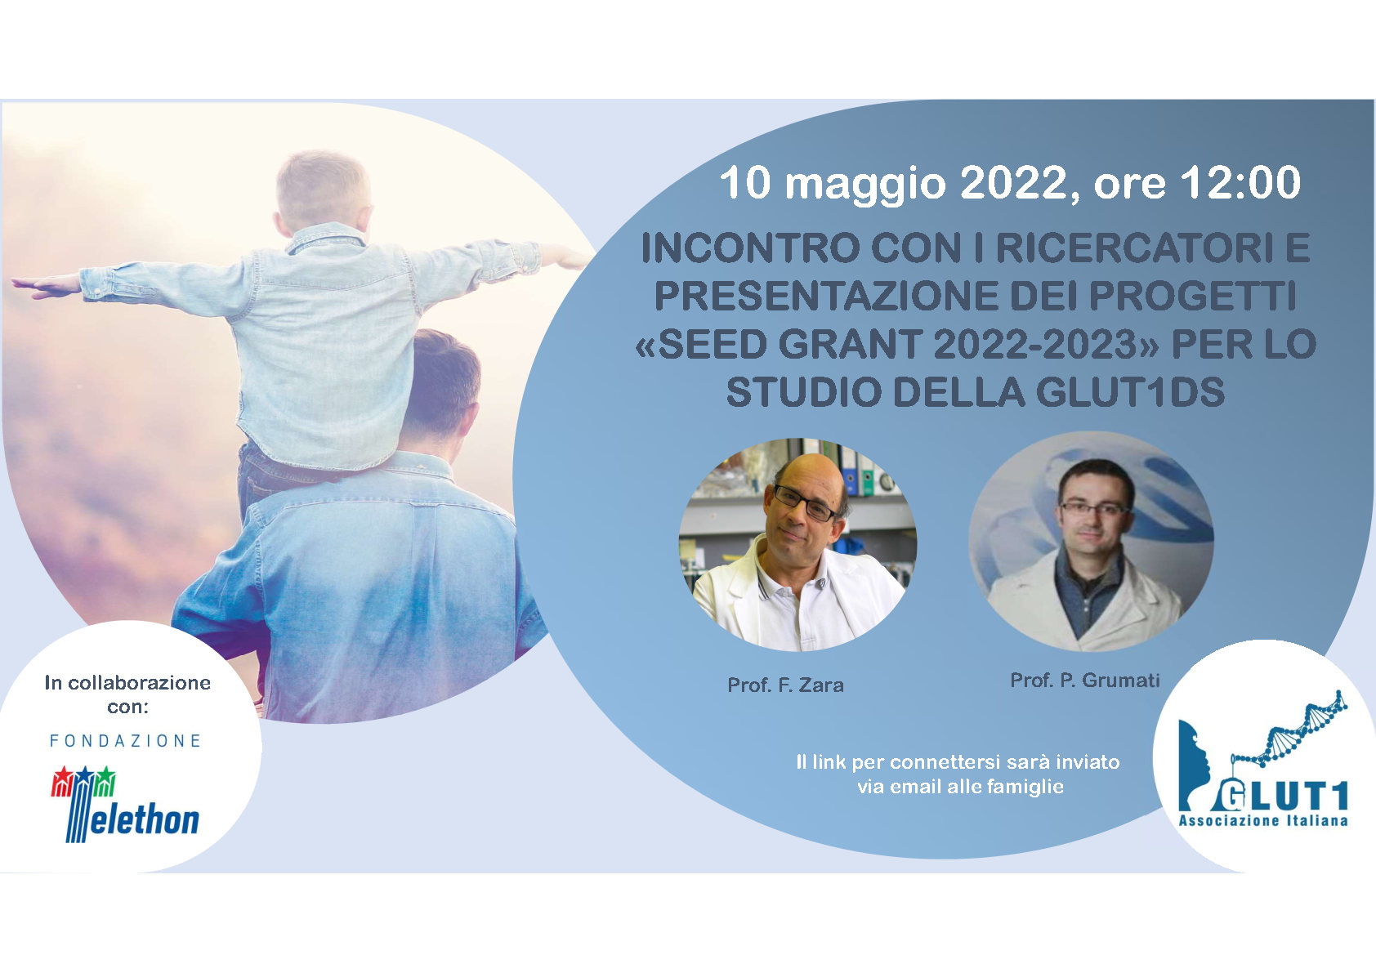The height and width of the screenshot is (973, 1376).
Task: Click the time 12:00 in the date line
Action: (x=1240, y=182)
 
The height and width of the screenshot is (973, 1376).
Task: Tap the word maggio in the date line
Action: (x=865, y=185)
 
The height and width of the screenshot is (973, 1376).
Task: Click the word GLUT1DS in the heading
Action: (x=1130, y=392)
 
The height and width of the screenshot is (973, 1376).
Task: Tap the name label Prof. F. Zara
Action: (x=785, y=685)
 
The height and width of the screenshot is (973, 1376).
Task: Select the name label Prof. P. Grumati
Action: (x=1085, y=680)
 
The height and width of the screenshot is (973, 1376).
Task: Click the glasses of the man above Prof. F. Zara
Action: (x=806, y=502)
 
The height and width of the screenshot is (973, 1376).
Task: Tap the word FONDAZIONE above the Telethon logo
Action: (x=125, y=741)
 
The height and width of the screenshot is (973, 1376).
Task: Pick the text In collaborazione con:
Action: (x=127, y=694)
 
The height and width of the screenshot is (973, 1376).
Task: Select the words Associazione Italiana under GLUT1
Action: (x=1263, y=821)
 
